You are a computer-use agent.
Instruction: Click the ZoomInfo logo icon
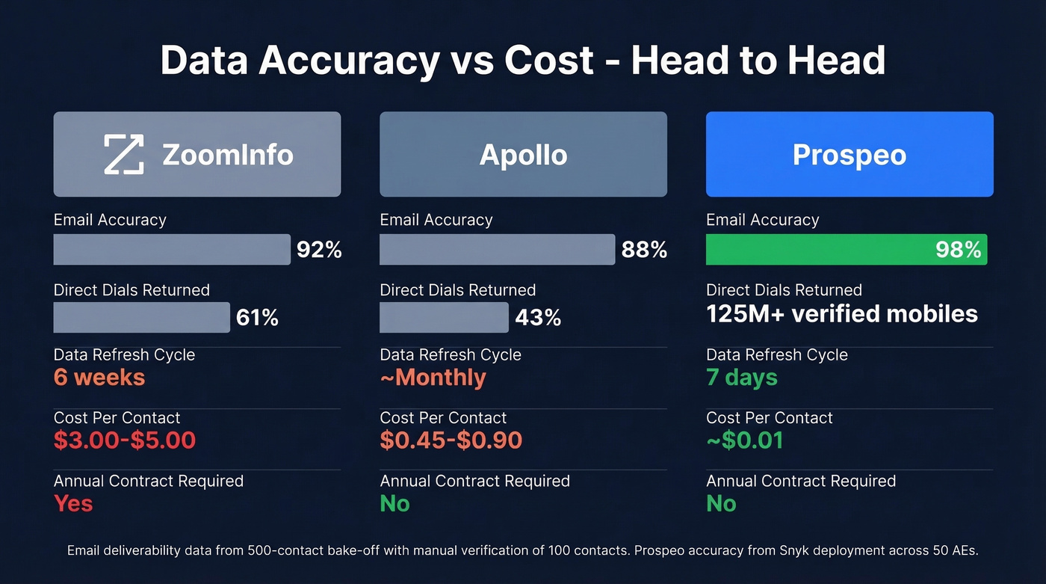pyautogui.click(x=123, y=155)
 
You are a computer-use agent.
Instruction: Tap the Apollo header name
pyautogui.click(x=523, y=155)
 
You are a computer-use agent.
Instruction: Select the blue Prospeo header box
pyautogui.click(x=850, y=155)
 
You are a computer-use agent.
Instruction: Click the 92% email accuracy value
pyautogui.click(x=319, y=250)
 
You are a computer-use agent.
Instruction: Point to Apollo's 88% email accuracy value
pyautogui.click(x=644, y=250)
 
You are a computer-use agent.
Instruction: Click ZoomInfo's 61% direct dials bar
pyautogui.click(x=141, y=318)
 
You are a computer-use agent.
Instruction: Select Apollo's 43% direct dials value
pyautogui.click(x=538, y=318)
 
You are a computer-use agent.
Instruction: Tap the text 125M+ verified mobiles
pyautogui.click(x=842, y=314)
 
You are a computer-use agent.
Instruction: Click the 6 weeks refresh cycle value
pyautogui.click(x=99, y=378)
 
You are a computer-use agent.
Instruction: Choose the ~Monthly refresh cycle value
pyautogui.click(x=433, y=378)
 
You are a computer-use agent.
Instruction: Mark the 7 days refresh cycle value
pyautogui.click(x=742, y=378)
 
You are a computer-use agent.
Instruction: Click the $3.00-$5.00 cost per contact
pyautogui.click(x=125, y=440)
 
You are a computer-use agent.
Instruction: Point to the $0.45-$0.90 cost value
pyautogui.click(x=451, y=440)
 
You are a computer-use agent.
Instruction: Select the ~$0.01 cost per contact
pyautogui.click(x=745, y=440)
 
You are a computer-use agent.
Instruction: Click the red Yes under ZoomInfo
pyautogui.click(x=73, y=504)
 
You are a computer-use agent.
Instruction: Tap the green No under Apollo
pyautogui.click(x=394, y=504)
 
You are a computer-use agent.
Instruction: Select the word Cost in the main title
pyautogui.click(x=549, y=61)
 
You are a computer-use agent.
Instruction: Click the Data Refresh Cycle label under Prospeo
pyautogui.click(x=777, y=354)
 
